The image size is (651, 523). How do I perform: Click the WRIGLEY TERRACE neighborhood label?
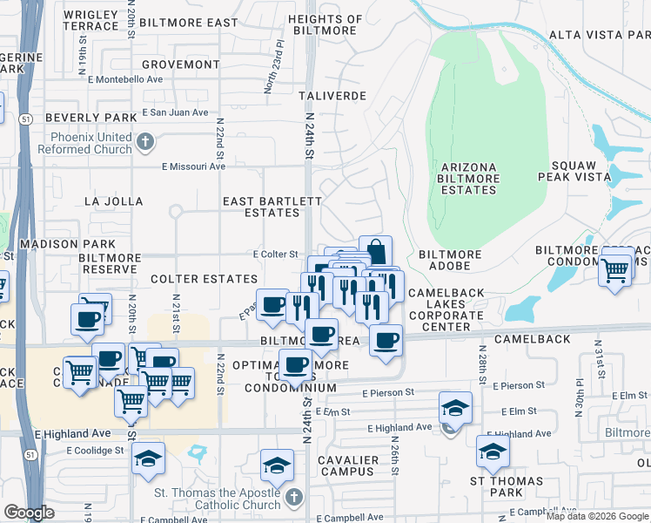point(91,20)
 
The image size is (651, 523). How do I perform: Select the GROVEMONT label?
point(180,65)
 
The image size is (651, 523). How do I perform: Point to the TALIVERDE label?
point(332,95)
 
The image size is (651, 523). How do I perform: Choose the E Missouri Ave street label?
point(193,166)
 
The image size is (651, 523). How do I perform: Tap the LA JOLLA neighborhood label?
point(113,200)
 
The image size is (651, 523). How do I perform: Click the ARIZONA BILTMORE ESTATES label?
point(468,179)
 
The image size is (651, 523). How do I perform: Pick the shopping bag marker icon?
point(375,251)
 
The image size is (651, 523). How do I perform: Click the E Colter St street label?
point(276,254)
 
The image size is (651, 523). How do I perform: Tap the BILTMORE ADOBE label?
point(450,255)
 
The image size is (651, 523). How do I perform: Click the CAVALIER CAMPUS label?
point(341,465)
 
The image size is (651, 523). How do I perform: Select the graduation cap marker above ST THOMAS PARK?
point(493,452)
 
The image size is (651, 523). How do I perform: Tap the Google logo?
point(29,513)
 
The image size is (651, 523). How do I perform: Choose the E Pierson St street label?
point(518,384)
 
